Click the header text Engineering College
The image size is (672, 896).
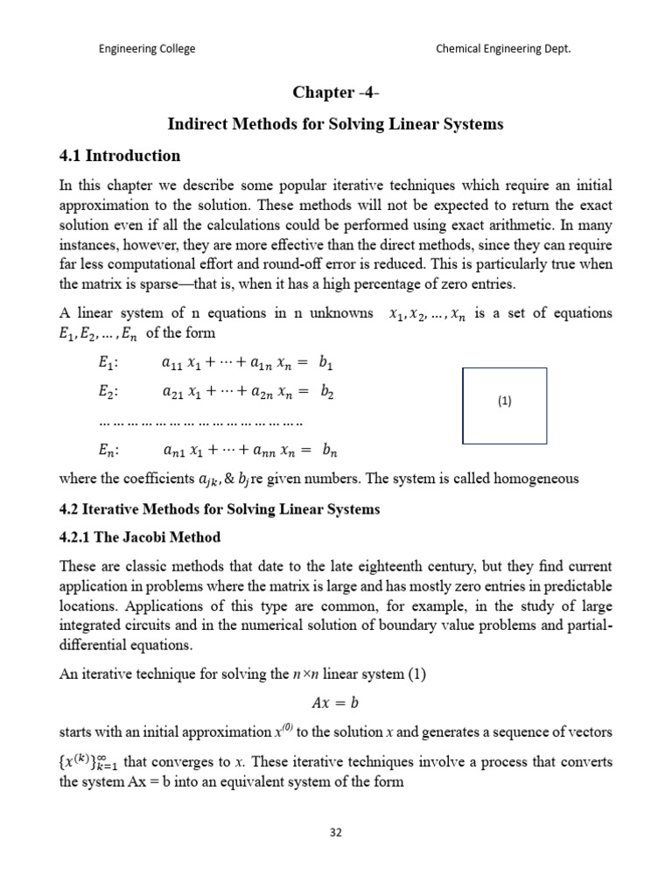[146, 49]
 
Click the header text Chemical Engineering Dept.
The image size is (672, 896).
[503, 49]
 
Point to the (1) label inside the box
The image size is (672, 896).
[504, 402]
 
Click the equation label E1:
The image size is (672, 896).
[109, 362]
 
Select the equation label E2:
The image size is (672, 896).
[109, 393]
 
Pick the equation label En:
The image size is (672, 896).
[109, 451]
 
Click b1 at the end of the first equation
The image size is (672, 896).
[328, 362]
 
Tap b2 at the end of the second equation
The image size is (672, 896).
[328, 393]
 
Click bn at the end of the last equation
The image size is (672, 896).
[329, 451]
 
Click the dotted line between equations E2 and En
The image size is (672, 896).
[201, 423]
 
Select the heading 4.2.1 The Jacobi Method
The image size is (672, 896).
[139, 536]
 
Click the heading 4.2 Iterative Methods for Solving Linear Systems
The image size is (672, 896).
[219, 509]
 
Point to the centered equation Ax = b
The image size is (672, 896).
[335, 703]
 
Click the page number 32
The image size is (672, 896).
[335, 832]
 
